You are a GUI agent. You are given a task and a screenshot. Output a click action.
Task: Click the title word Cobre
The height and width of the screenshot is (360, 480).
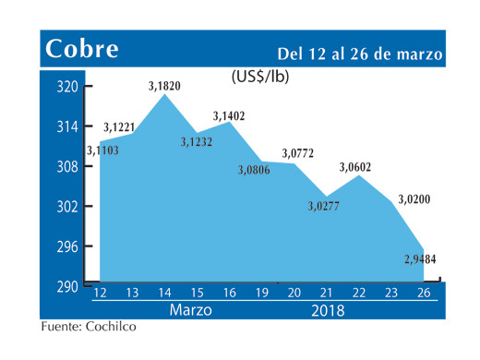[x=81, y=49]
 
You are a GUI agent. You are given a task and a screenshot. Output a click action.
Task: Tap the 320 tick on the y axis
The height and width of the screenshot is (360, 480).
[x=66, y=88]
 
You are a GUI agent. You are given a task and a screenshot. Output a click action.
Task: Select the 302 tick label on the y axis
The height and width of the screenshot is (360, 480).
[x=66, y=207]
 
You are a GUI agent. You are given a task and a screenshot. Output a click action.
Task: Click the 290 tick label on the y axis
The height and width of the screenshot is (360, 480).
[x=66, y=287]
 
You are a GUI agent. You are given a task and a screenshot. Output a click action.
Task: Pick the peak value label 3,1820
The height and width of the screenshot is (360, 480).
[x=164, y=87]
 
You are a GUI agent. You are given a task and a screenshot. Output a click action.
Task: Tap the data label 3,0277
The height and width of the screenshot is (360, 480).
[x=325, y=205]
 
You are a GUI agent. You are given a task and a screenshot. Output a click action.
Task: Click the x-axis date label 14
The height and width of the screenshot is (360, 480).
[x=164, y=293]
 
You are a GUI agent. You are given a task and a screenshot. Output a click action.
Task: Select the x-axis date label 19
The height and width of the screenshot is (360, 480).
[x=262, y=293]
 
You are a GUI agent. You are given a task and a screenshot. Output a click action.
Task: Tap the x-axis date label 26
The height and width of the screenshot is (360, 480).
[x=425, y=293]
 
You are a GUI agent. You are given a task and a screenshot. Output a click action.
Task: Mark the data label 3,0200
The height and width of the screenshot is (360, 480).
[x=415, y=199]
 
